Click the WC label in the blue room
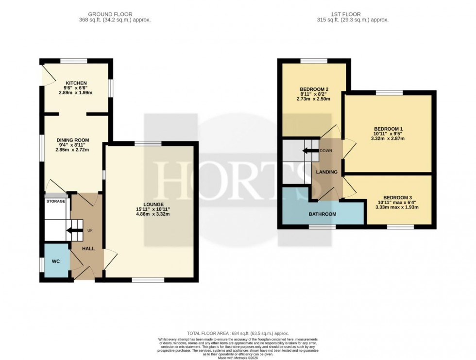[56, 261]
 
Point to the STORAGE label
[56, 201]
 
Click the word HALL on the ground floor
[88, 248]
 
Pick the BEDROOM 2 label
[314, 89]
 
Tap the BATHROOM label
[323, 214]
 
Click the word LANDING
[327, 172]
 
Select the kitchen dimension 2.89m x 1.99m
[76, 92]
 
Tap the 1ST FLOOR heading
[352, 14]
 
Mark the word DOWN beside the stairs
[326, 151]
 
